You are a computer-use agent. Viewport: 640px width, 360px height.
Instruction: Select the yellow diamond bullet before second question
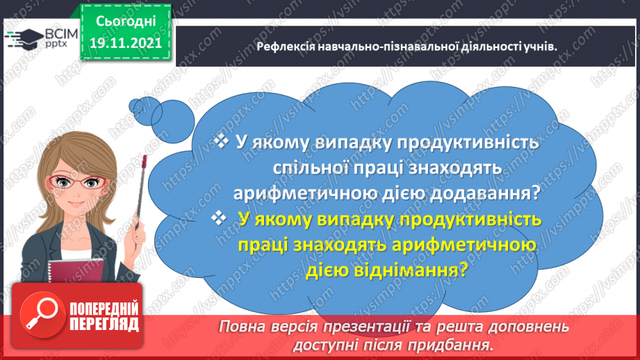pos(221,219)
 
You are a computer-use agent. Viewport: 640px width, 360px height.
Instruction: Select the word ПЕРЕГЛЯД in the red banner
pos(104,325)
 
